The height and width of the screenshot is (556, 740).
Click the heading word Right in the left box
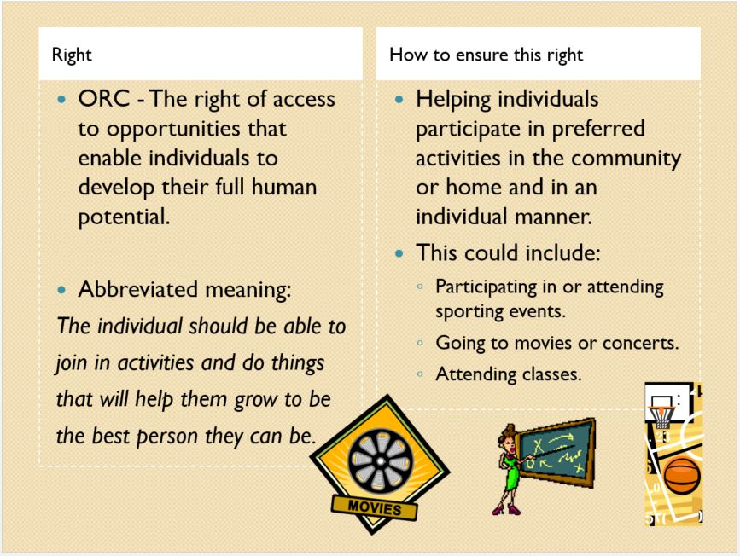click(x=72, y=55)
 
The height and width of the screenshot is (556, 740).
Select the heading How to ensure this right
click(x=487, y=55)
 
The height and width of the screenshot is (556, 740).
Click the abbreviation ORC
click(x=104, y=99)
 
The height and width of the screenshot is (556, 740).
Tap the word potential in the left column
click(x=124, y=217)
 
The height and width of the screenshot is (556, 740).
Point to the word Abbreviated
click(x=137, y=288)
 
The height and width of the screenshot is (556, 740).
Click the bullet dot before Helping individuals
click(x=399, y=100)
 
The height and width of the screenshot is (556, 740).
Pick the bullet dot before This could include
click(x=399, y=254)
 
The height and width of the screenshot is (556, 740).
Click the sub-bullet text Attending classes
click(x=509, y=374)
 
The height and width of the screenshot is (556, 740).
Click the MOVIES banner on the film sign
click(x=375, y=507)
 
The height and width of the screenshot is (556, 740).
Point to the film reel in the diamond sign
click(x=381, y=460)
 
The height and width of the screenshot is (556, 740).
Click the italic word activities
click(x=155, y=362)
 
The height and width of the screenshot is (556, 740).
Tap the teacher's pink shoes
click(x=506, y=509)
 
